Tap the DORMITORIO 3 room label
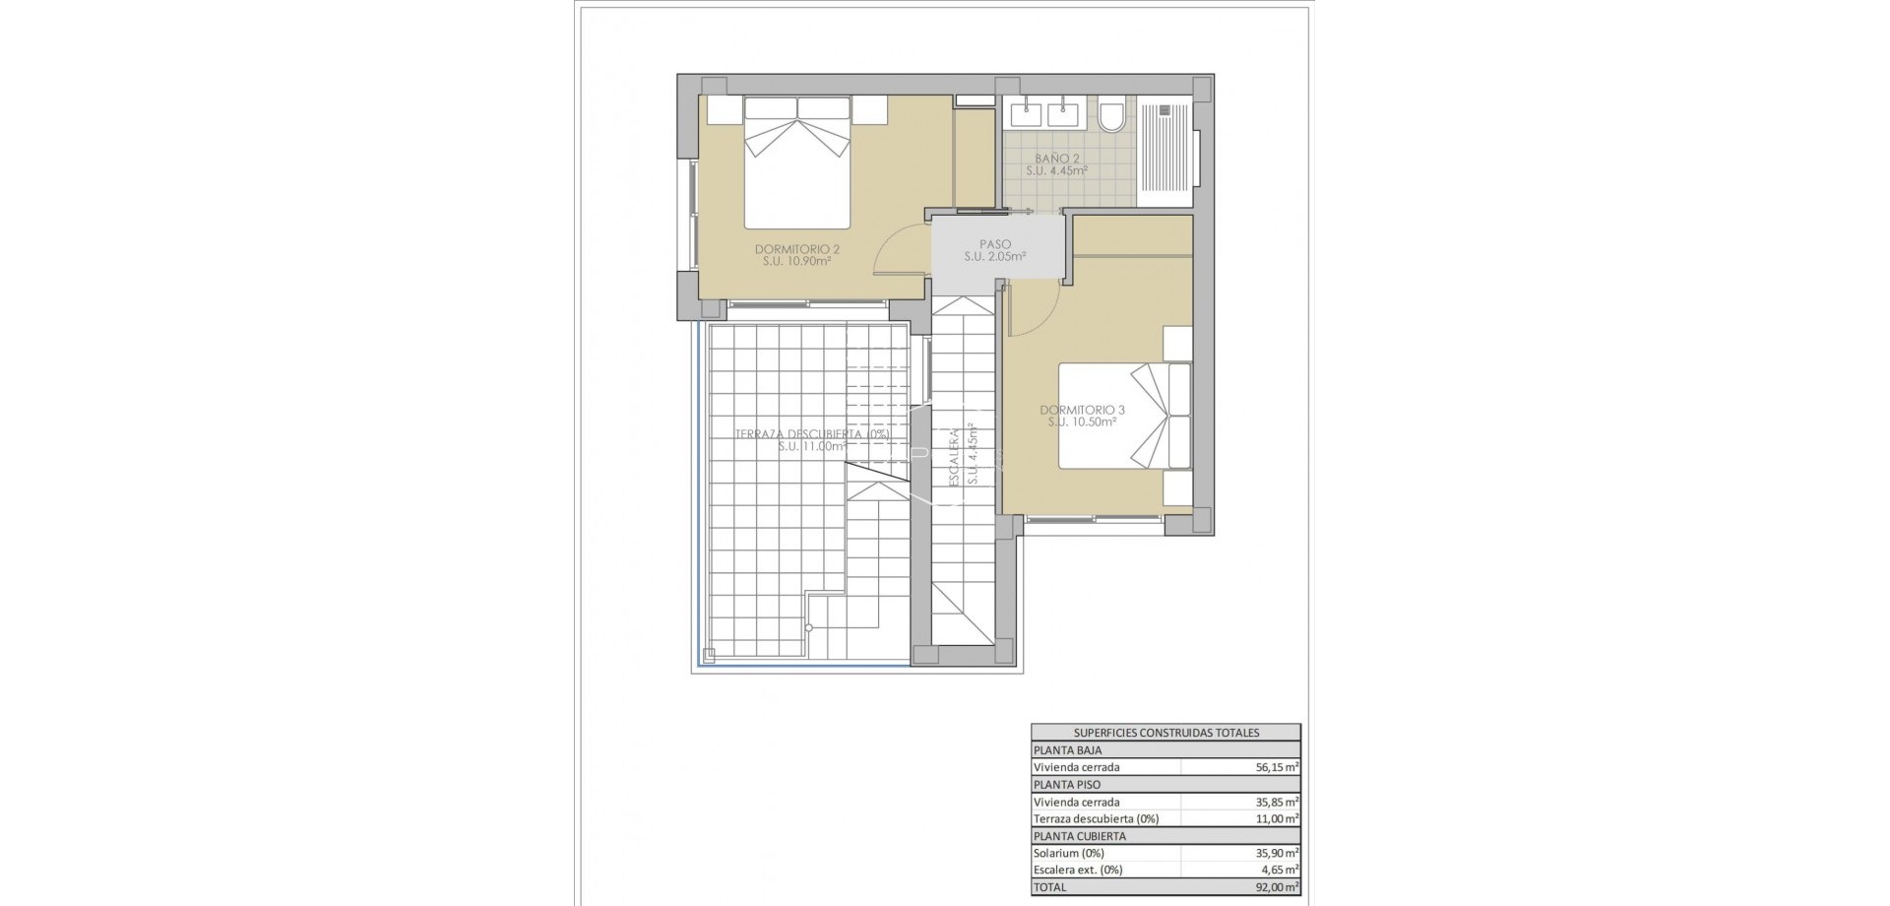tap(1082, 410)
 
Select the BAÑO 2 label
tap(1056, 158)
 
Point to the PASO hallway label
tap(994, 244)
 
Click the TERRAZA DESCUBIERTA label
tap(811, 433)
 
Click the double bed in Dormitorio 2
tap(796, 162)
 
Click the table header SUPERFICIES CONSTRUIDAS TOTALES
tap(1165, 733)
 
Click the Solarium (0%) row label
tap(1068, 853)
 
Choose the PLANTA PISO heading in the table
tap(1067, 785)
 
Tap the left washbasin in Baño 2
tap(1026, 114)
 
